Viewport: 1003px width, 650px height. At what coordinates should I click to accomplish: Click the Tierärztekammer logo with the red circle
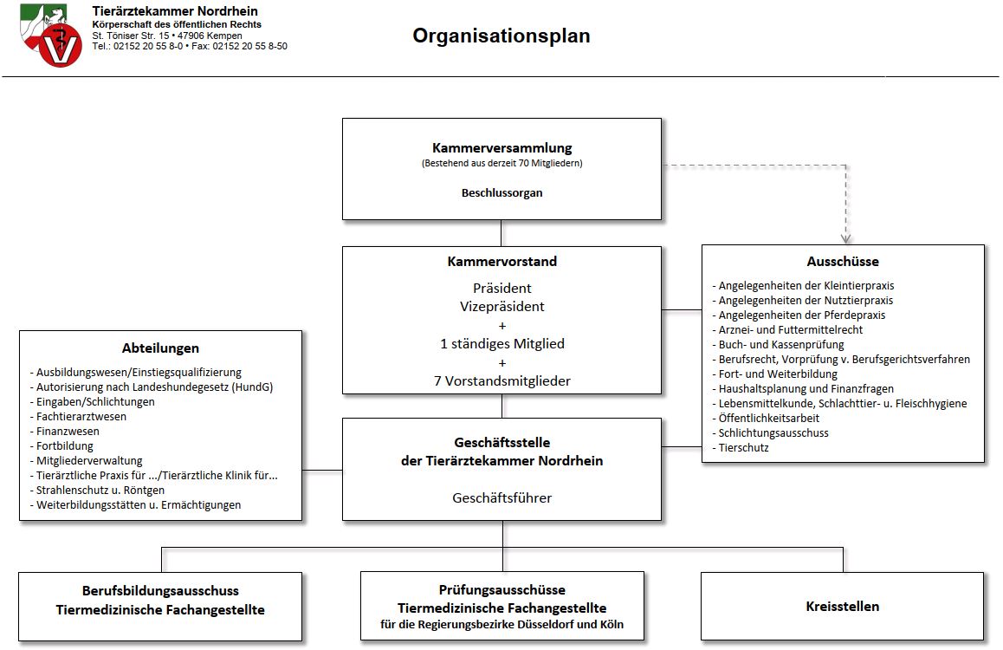(x=51, y=36)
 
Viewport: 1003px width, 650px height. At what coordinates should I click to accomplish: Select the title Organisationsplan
(x=501, y=36)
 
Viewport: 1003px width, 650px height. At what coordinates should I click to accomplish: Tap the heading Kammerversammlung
(x=502, y=148)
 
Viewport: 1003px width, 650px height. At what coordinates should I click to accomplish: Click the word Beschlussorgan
(x=502, y=192)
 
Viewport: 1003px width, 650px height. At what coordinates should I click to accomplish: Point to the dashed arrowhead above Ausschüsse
(x=845, y=239)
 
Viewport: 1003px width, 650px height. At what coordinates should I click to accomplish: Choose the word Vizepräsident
(x=502, y=307)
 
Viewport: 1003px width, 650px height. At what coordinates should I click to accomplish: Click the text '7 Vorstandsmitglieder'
(x=502, y=380)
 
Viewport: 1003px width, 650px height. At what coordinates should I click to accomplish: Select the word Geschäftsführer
(x=502, y=497)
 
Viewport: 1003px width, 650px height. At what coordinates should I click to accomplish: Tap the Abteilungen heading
(x=160, y=348)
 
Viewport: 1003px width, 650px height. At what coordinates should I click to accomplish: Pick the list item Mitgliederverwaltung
(x=87, y=460)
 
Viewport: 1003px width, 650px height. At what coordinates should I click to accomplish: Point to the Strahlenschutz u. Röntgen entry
(x=97, y=490)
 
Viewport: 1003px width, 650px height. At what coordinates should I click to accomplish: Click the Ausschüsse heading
(x=843, y=261)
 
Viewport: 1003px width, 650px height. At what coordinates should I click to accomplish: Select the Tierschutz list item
(x=741, y=448)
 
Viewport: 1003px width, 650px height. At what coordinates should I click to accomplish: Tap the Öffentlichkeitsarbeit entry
(x=766, y=419)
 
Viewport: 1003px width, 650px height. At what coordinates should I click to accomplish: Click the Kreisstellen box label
(x=843, y=607)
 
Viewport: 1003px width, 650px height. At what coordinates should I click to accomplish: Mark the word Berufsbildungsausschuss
(x=160, y=590)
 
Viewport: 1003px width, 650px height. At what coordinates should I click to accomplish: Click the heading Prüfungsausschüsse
(x=502, y=590)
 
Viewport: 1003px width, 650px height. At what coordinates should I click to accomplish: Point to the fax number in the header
(x=239, y=46)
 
